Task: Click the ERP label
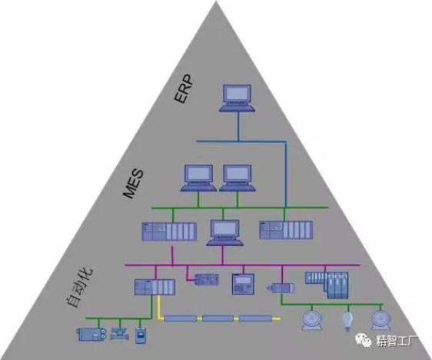point(184,88)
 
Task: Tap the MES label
point(133,184)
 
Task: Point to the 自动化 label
point(80,287)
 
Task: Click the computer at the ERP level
point(237,98)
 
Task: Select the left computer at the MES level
point(198,178)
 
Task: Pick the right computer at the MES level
point(238,178)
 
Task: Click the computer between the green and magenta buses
point(224,232)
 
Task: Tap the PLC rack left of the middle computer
point(169,232)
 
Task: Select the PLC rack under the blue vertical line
point(286,230)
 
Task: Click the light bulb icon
point(347,321)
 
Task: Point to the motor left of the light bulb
point(312,320)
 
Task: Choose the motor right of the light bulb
point(380,320)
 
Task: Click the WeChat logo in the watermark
point(364,341)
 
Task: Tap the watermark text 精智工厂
point(397,342)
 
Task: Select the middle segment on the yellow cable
point(218,318)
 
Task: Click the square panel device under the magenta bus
point(243,284)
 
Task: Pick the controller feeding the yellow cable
point(155,287)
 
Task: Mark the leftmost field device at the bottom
point(91,335)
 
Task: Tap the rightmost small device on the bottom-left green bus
point(141,335)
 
